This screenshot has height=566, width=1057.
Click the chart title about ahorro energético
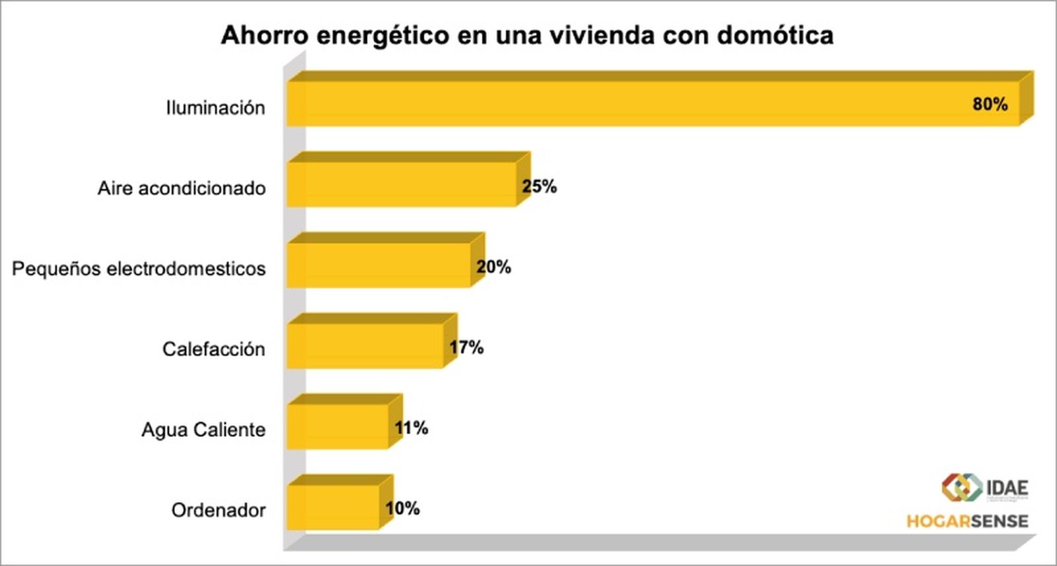pos(527,35)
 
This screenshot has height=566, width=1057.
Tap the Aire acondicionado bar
pos(402,184)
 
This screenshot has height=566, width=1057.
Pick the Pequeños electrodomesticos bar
pos(379,265)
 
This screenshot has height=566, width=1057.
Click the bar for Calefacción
pos(365,346)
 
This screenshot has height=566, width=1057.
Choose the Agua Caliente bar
pos(338,426)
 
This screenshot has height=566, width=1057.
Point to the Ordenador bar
pos(333,507)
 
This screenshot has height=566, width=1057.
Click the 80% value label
pos(990,104)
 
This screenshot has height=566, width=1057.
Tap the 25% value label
pos(539,186)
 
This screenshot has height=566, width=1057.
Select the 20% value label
pos(493,267)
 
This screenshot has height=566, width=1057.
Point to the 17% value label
pos(466,347)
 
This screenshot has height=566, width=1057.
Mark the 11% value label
pos(412,428)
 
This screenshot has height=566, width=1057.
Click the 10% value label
pos(403,508)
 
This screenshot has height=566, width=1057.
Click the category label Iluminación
pos(215,108)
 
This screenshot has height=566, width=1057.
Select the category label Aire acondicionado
pos(182,188)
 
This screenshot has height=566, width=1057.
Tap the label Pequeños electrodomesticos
pos(139,269)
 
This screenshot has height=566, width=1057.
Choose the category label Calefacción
pos(213,349)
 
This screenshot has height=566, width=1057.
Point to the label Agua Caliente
pos(203,430)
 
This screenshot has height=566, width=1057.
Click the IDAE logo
pos(984,488)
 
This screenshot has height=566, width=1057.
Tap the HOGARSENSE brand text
pos(967,521)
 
